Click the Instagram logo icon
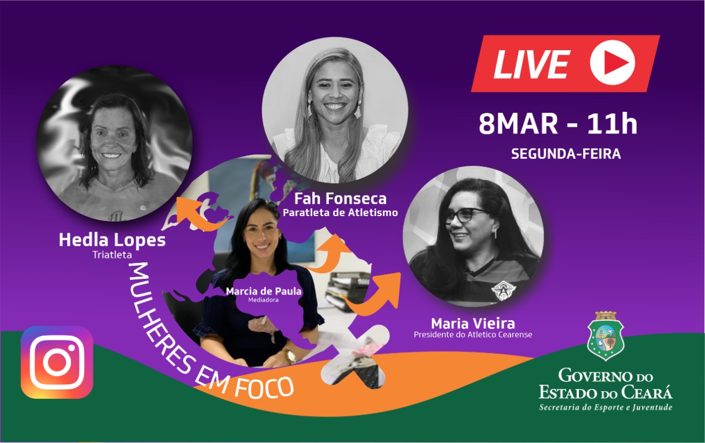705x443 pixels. pyautogui.click(x=57, y=363)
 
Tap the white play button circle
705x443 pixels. pyautogui.click(x=612, y=63)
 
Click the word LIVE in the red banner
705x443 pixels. pyautogui.click(x=532, y=64)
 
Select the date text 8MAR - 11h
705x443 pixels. pyautogui.click(x=558, y=125)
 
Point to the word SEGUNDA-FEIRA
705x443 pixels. pyautogui.click(x=566, y=154)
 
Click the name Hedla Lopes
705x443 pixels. pyautogui.click(x=112, y=240)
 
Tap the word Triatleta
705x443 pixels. pyautogui.click(x=112, y=255)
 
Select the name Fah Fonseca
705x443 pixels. pyautogui.click(x=340, y=199)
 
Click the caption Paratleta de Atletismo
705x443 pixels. pyautogui.click(x=340, y=213)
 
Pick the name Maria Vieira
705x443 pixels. pyautogui.click(x=473, y=323)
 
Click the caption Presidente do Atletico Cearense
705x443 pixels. pyautogui.click(x=473, y=334)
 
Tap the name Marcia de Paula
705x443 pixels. pyautogui.click(x=263, y=291)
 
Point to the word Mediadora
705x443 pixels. pyautogui.click(x=263, y=300)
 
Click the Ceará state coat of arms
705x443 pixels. pyautogui.click(x=605, y=336)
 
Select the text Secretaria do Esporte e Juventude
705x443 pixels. pyautogui.click(x=605, y=407)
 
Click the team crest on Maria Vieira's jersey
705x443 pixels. pyautogui.click(x=501, y=290)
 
